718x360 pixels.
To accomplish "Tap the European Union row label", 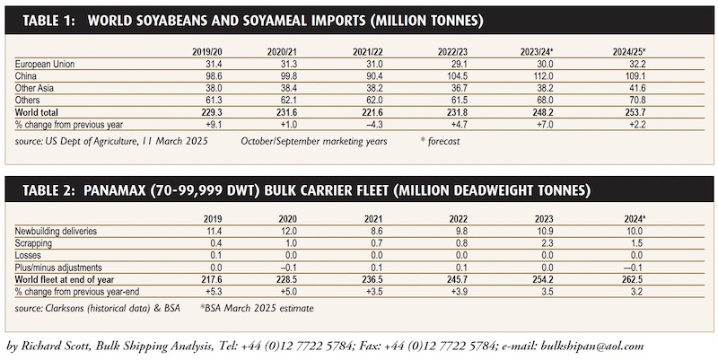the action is click(x=44, y=64).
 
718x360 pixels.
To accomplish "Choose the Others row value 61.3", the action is click(x=214, y=100).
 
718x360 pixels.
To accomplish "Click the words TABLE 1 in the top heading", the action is click(x=49, y=21).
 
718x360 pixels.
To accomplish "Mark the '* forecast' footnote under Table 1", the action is click(x=440, y=141).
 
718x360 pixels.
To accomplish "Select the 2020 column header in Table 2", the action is click(x=287, y=219).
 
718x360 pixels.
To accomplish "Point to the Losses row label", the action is click(x=28, y=255).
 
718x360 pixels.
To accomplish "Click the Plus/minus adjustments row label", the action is click(x=58, y=268).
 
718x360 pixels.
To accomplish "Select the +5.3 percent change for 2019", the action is click(x=213, y=291).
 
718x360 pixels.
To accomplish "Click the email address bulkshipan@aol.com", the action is click(x=592, y=347).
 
